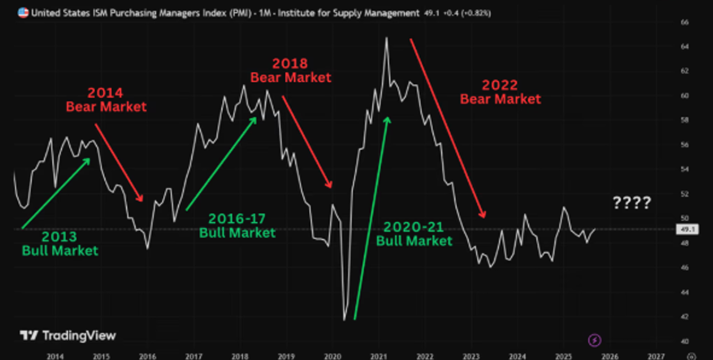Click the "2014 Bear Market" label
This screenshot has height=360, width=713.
106,99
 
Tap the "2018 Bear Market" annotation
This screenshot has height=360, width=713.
291,70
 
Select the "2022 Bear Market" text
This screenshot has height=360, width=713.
500,92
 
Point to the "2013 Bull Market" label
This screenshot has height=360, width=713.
60,243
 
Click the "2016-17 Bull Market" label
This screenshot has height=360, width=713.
237,226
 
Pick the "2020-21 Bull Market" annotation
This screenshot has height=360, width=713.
414,234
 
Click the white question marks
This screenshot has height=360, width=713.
632,202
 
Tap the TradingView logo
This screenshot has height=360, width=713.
68,335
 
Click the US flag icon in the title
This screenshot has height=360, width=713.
23,13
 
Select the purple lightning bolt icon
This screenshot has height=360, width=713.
594,340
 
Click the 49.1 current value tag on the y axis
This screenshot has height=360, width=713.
687,230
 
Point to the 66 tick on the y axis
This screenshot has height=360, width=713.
684,22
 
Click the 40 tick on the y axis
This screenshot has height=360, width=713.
684,341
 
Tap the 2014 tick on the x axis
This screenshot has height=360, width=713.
55,356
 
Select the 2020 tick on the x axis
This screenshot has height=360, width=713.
332,356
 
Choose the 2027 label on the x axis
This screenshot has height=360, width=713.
656,356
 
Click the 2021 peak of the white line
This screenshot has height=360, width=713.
386,38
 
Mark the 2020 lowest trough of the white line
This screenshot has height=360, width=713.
344,320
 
